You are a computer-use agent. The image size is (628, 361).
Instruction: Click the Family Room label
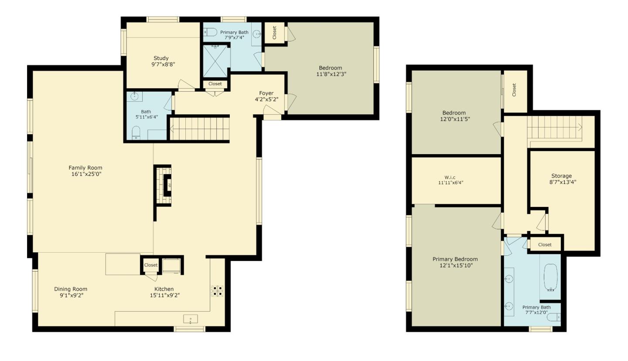point(85,168)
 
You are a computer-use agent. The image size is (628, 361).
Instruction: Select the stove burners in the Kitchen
point(218,291)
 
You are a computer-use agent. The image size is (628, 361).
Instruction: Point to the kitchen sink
point(191,319)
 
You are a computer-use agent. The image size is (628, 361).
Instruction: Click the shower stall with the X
point(215,62)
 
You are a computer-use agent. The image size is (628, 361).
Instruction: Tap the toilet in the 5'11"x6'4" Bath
point(136,132)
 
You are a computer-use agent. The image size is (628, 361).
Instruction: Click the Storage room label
point(561,176)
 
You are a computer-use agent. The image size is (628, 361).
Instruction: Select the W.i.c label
point(450,177)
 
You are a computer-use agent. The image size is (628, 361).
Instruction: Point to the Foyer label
point(266,93)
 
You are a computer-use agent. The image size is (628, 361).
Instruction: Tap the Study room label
point(160,58)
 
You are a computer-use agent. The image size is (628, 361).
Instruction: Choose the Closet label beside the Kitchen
point(151,265)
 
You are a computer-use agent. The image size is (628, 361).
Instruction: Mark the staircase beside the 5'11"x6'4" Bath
point(199,128)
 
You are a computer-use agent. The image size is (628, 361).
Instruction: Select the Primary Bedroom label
point(455,259)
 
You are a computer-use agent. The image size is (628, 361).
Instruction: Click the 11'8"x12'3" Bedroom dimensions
point(331,74)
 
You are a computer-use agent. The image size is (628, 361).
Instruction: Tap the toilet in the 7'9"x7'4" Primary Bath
point(210,32)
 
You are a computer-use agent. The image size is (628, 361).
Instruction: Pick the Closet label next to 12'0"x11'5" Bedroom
point(514,90)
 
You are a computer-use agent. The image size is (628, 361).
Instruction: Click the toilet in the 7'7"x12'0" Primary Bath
point(554,317)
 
